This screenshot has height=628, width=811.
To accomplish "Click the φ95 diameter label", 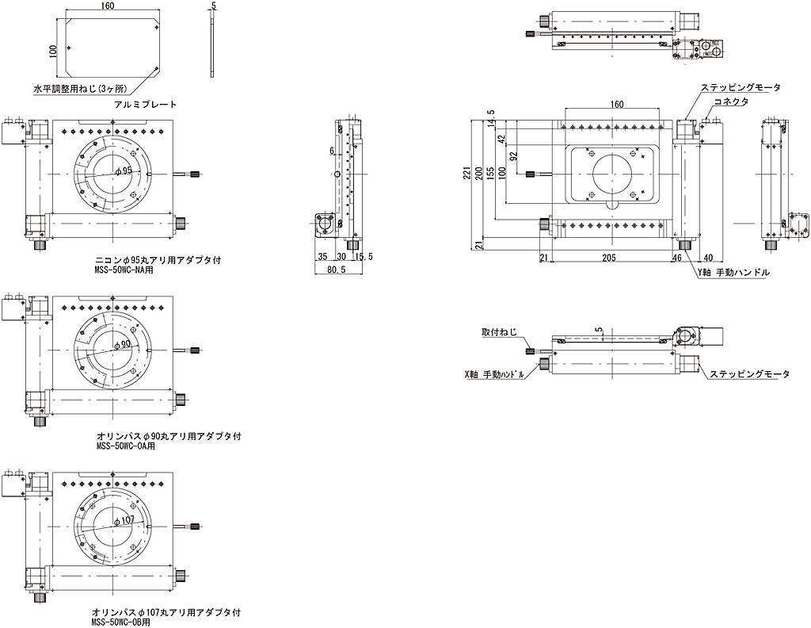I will point(123,170).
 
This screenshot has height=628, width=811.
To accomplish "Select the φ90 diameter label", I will point(123,345).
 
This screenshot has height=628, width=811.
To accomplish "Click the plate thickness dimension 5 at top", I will point(214,6).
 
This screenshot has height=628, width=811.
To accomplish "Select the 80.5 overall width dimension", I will point(337,270).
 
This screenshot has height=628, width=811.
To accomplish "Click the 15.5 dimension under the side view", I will point(364,257).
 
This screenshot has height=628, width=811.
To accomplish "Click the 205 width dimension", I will point(608,257).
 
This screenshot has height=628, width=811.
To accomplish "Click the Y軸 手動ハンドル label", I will point(733,272).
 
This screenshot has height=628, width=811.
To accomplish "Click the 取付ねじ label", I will point(498,332).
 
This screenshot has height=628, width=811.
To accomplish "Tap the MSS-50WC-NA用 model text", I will point(123,269).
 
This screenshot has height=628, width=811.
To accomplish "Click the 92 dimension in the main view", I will point(514,155).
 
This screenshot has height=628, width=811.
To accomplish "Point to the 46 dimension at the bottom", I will point(676,257).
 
